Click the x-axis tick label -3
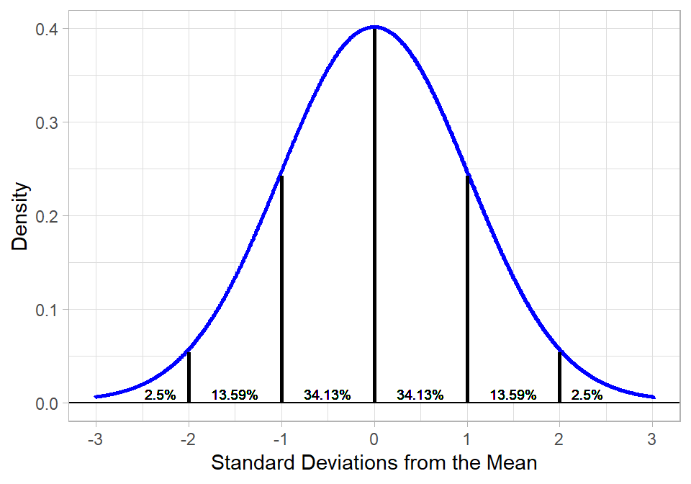pyautogui.click(x=95, y=439)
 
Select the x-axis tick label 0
pyautogui.click(x=374, y=439)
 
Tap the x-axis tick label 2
pyautogui.click(x=559, y=439)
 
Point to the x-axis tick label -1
pyautogui.click(x=280, y=439)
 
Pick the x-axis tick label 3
pyautogui.click(x=652, y=439)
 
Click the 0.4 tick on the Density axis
pyautogui.click(x=48, y=29)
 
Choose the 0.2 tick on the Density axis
pyautogui.click(x=48, y=216)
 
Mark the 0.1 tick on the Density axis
pyautogui.click(x=48, y=310)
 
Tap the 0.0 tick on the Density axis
pyautogui.click(x=48, y=403)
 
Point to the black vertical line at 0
pyautogui.click(x=374, y=216)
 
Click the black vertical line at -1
pyautogui.click(x=281, y=288)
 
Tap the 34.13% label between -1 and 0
pyautogui.click(x=327, y=395)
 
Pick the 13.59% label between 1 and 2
pyautogui.click(x=513, y=395)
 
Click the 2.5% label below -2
pyautogui.click(x=160, y=395)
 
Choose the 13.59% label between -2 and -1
pyautogui.click(x=235, y=395)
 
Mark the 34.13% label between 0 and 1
pyautogui.click(x=420, y=395)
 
